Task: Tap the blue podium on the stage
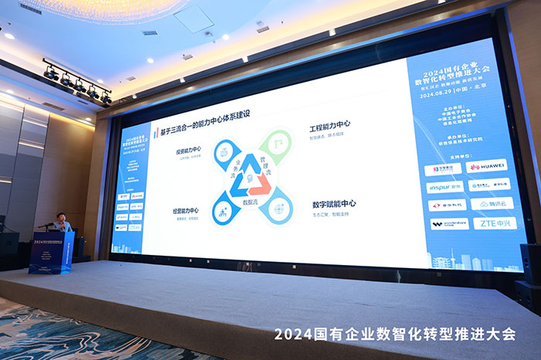(x=51, y=252)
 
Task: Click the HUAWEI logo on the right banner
(x=488, y=166)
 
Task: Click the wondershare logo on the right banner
(x=449, y=224)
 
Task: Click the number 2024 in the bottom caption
(x=291, y=335)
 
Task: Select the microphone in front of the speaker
(x=48, y=224)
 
